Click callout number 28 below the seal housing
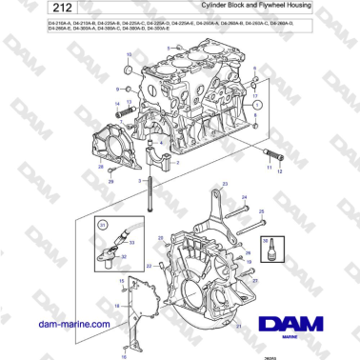[x=100, y=168]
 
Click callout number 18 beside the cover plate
[x=115, y=304]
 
